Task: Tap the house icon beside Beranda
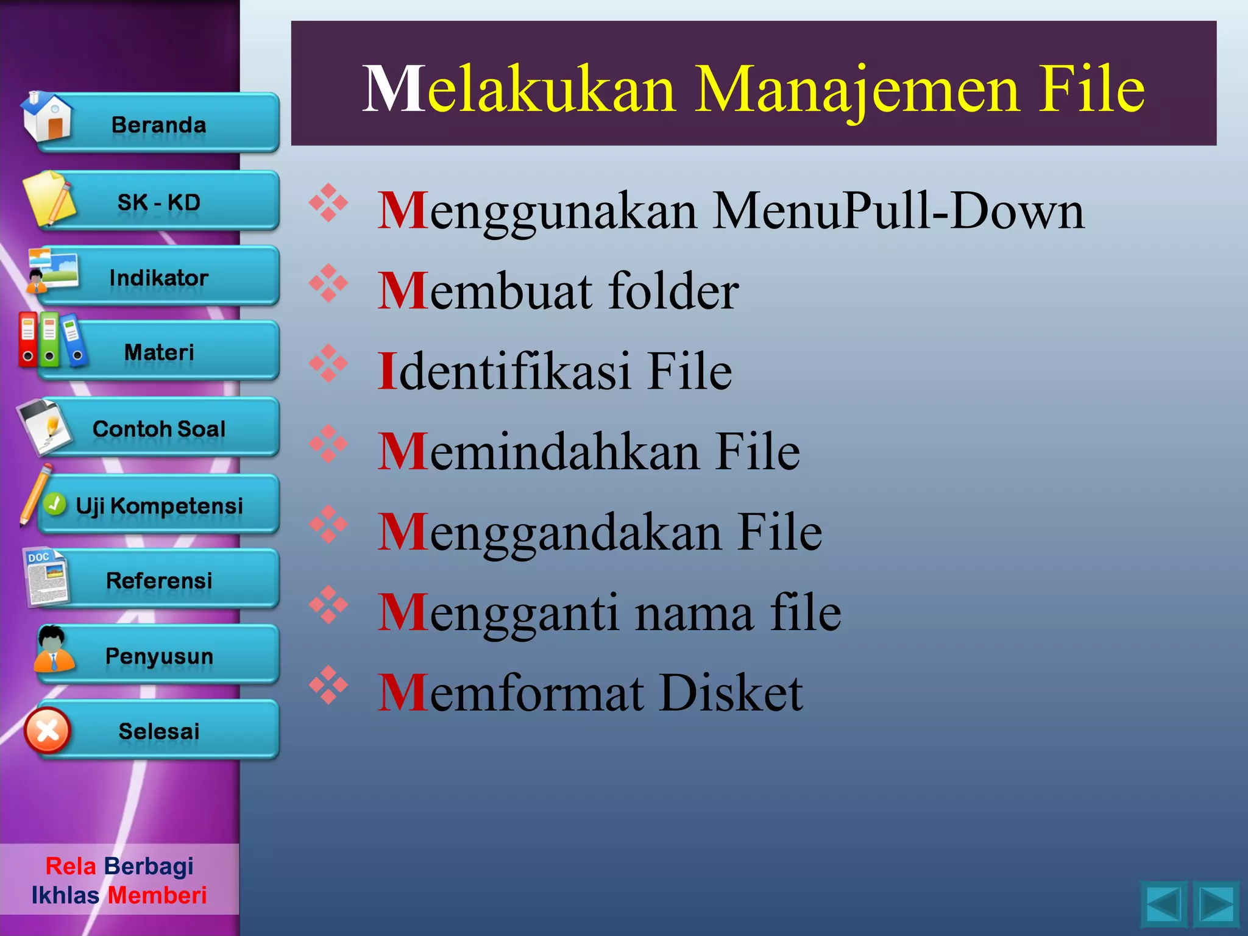[47, 117]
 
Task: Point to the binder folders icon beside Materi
[51, 340]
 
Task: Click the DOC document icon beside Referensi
[46, 578]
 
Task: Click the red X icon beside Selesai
[48, 730]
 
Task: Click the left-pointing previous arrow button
[1163, 904]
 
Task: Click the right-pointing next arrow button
[1216, 904]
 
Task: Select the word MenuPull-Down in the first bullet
[899, 211]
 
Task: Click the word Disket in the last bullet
[731, 693]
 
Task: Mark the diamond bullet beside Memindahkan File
[328, 444]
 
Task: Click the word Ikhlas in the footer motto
[65, 895]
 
